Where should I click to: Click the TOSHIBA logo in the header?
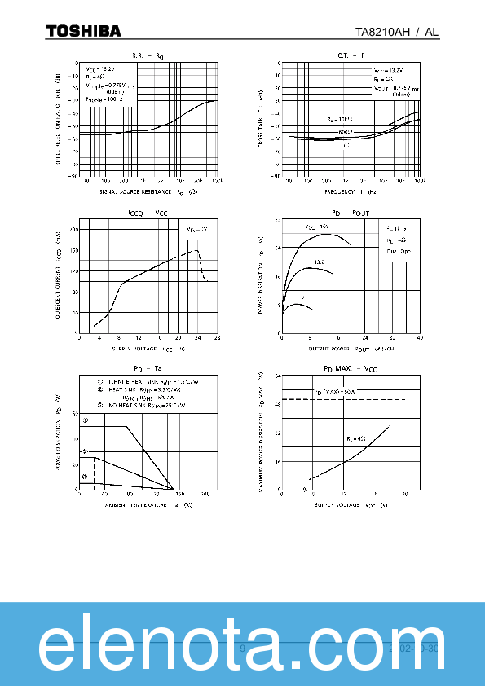[83, 31]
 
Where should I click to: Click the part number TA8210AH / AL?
[397, 32]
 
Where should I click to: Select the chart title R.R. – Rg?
[148, 55]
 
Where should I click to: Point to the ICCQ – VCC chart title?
[148, 213]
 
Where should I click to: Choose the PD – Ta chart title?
[148, 370]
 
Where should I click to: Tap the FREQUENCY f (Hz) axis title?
[351, 192]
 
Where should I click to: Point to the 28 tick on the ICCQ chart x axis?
[217, 338]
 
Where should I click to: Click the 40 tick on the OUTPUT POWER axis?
[421, 338]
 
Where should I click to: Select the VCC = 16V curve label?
[317, 226]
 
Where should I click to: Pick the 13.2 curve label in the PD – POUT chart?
[320, 261]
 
